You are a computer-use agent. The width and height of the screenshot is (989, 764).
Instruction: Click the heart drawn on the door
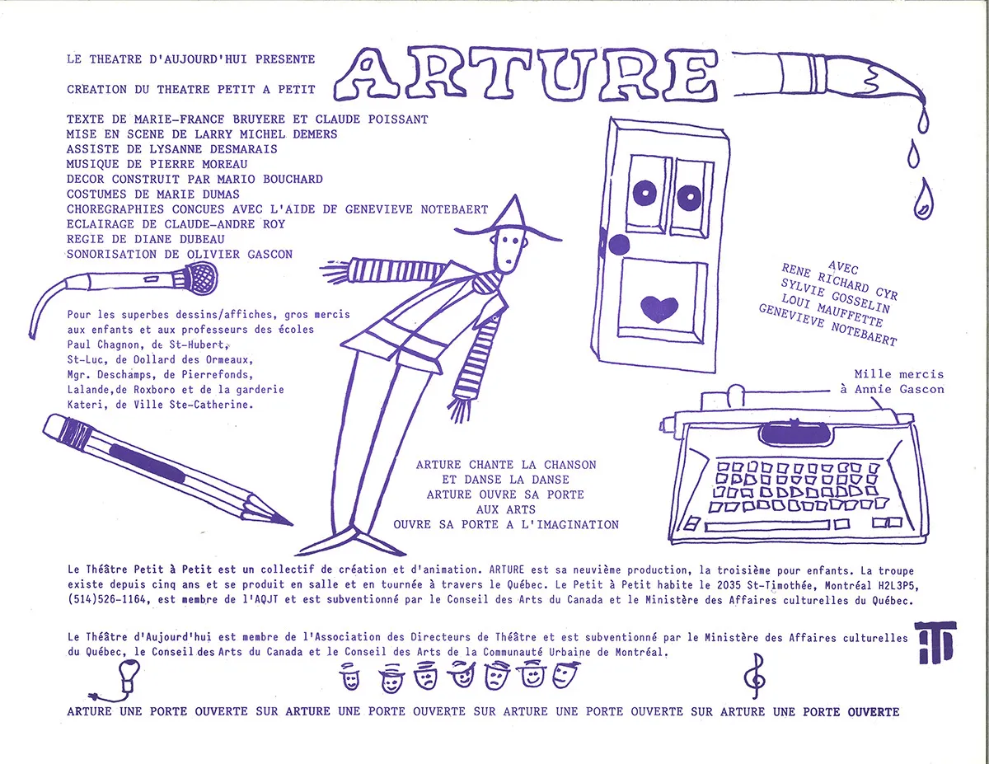(659, 308)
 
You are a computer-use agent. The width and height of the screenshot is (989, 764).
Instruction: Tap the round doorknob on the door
(618, 245)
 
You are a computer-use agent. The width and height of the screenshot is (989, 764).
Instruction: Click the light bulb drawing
(129, 675)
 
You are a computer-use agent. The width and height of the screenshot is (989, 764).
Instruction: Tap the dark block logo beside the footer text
(935, 642)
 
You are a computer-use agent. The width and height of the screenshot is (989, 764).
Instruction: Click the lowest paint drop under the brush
(923, 199)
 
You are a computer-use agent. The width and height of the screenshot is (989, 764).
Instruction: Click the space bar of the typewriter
(767, 526)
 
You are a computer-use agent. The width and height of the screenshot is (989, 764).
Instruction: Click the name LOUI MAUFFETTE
(832, 311)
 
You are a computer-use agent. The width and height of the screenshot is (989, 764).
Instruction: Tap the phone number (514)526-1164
(107, 600)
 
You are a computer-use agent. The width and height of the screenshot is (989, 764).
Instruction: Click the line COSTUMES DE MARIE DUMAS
(153, 195)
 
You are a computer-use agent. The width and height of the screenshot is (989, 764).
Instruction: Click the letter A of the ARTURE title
(368, 75)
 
